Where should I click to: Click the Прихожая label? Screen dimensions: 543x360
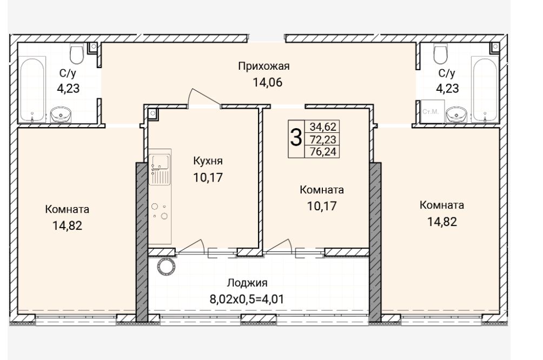click(x=263, y=66)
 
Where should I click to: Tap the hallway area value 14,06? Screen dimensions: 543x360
click(x=267, y=82)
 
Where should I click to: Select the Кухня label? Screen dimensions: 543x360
click(x=208, y=161)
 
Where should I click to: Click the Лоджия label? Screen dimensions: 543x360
click(x=247, y=283)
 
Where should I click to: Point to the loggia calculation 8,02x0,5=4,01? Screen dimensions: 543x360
click(x=247, y=299)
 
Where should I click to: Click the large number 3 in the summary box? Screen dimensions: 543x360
click(x=296, y=137)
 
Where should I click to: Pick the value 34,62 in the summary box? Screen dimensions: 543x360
click(x=323, y=126)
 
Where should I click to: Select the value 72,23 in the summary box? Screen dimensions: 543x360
click(x=323, y=139)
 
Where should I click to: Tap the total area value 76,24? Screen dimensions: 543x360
click(x=323, y=151)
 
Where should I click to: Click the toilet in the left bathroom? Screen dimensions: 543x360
click(x=77, y=54)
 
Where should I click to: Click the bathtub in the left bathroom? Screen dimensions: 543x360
click(x=32, y=90)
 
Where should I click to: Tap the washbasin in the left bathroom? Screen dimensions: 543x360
click(x=61, y=115)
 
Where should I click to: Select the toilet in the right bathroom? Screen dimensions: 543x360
click(x=440, y=54)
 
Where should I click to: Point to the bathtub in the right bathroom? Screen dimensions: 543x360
click(x=485, y=90)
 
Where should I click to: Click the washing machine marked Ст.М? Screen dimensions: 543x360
click(x=432, y=111)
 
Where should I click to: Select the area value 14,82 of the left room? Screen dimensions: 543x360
click(x=67, y=226)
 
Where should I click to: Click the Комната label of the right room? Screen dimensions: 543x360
click(x=441, y=205)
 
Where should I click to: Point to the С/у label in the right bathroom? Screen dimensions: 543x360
click(x=447, y=73)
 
